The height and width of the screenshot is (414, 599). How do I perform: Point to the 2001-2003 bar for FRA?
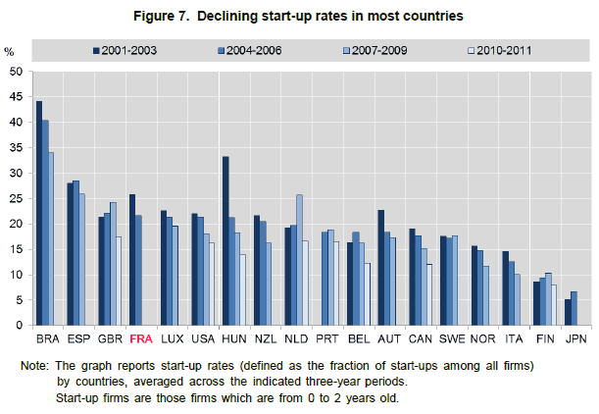[132, 259]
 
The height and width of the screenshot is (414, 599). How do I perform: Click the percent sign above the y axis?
[10, 50]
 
